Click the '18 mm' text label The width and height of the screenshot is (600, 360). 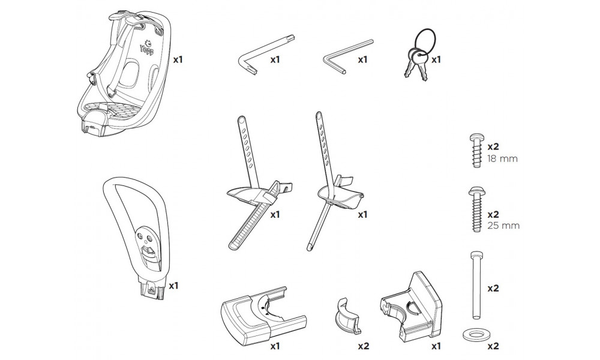pos(502,160)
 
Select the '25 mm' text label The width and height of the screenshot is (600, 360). pos(503,226)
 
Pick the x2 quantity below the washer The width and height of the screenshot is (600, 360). pos(494,346)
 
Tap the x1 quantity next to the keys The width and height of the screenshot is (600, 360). pos(436,59)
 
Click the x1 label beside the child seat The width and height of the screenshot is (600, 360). pos(178,59)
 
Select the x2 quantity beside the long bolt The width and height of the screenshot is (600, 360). pos(493,288)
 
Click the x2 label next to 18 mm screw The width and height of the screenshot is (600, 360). pos(494,146)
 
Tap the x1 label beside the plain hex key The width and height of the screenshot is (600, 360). pos(362,59)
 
